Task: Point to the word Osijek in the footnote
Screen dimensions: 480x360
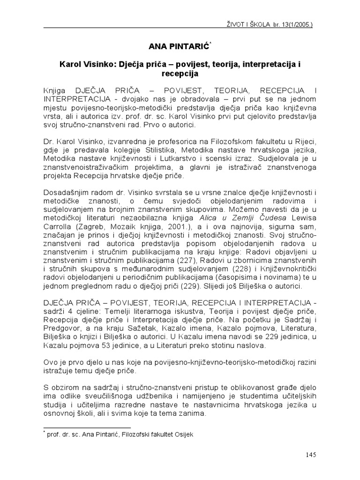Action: click(182, 434)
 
